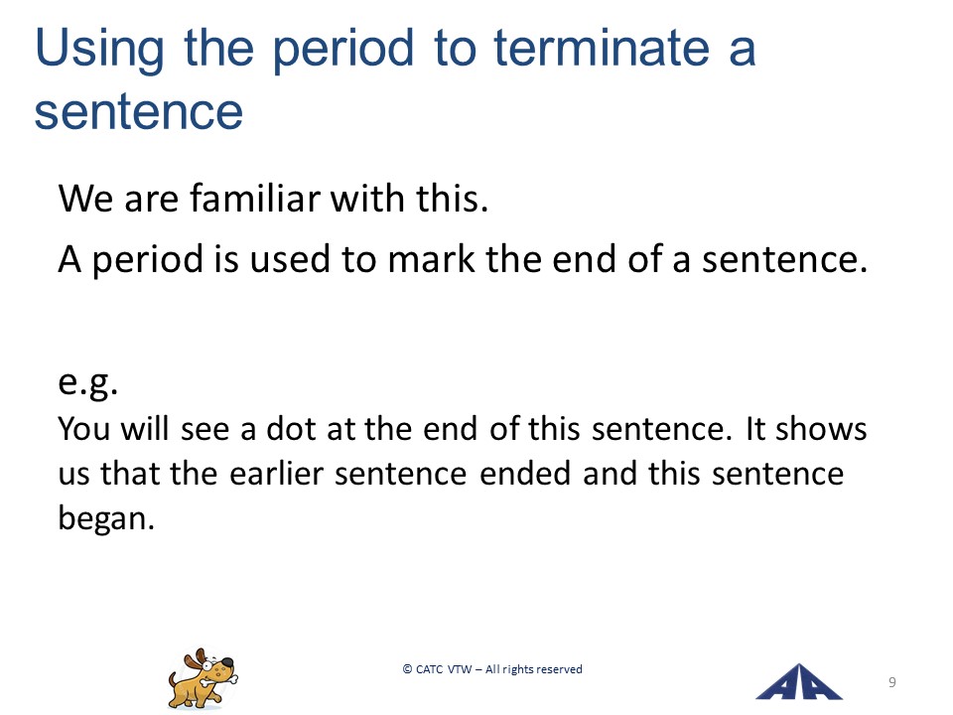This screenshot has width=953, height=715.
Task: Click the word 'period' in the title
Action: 342,50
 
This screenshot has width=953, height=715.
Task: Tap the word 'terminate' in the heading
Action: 602,48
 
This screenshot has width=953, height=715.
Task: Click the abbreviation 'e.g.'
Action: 88,383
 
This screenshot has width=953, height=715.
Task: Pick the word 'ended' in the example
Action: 525,473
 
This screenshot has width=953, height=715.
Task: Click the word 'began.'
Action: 106,519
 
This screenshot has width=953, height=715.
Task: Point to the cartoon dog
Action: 203,678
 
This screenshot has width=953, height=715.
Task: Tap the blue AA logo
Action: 799,681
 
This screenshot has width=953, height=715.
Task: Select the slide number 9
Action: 892,682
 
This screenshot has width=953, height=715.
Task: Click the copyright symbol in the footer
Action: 407,669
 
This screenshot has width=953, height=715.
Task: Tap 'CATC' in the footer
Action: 430,669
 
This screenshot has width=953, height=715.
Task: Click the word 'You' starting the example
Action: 83,428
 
